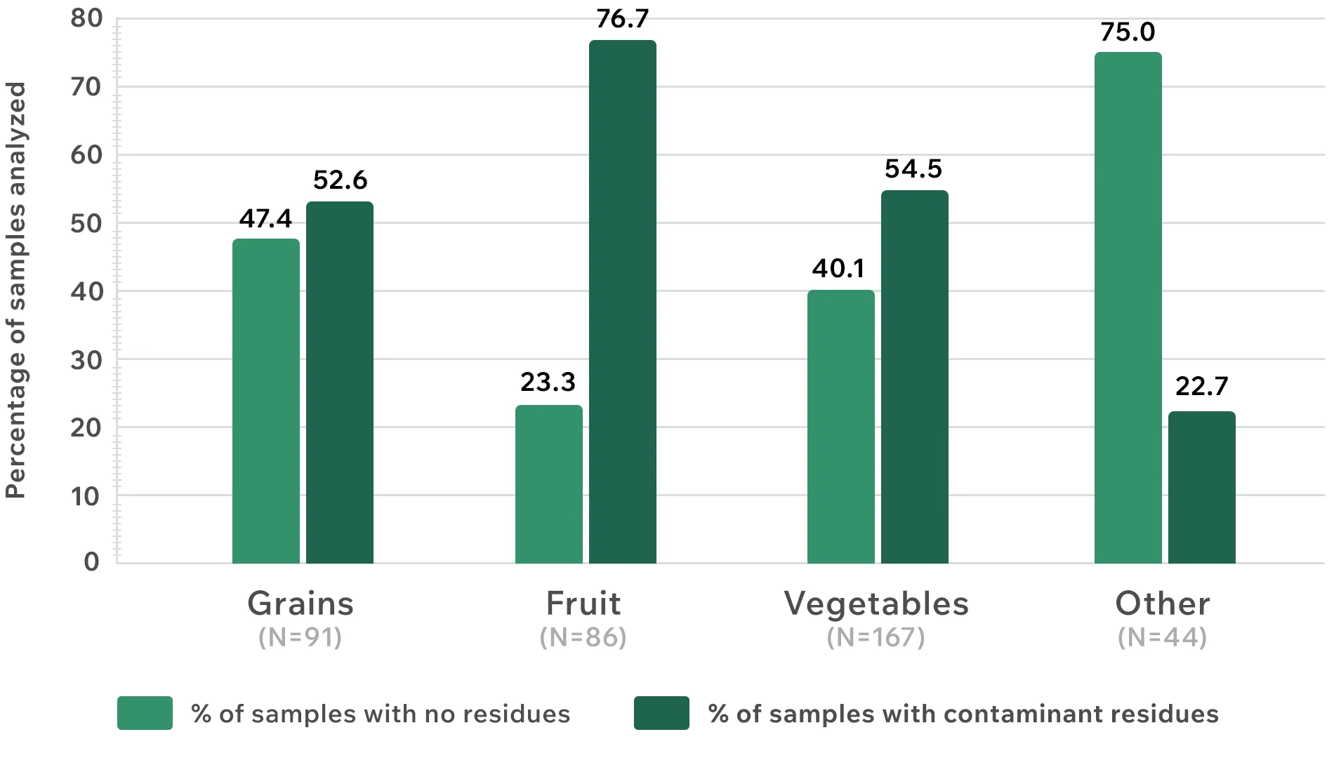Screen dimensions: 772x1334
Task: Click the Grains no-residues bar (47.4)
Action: (265, 401)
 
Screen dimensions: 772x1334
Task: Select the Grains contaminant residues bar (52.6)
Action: (340, 382)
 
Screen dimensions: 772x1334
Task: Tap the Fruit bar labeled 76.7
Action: (622, 302)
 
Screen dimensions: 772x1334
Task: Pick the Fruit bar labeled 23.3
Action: (548, 484)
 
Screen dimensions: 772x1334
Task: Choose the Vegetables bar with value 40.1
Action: (840, 427)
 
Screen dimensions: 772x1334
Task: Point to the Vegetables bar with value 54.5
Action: (914, 377)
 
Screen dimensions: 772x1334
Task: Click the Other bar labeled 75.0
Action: (1128, 307)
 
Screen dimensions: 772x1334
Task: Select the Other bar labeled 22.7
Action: (1201, 487)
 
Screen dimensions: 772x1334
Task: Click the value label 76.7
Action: (622, 19)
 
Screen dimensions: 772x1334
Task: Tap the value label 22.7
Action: (1201, 386)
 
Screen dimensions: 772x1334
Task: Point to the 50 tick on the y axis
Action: (86, 224)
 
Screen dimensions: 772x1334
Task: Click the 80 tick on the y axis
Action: (86, 18)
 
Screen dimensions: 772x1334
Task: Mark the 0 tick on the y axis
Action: (91, 561)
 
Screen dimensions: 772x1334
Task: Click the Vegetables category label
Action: (876, 604)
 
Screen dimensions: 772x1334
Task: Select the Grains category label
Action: (301, 604)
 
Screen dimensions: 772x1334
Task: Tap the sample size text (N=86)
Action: (583, 637)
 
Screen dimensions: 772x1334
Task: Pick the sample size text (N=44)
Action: (1162, 637)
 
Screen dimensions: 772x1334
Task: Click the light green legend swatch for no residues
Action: (145, 713)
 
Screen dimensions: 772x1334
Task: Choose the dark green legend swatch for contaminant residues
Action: (661, 713)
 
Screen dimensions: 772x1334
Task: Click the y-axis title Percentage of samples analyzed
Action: (15, 290)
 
